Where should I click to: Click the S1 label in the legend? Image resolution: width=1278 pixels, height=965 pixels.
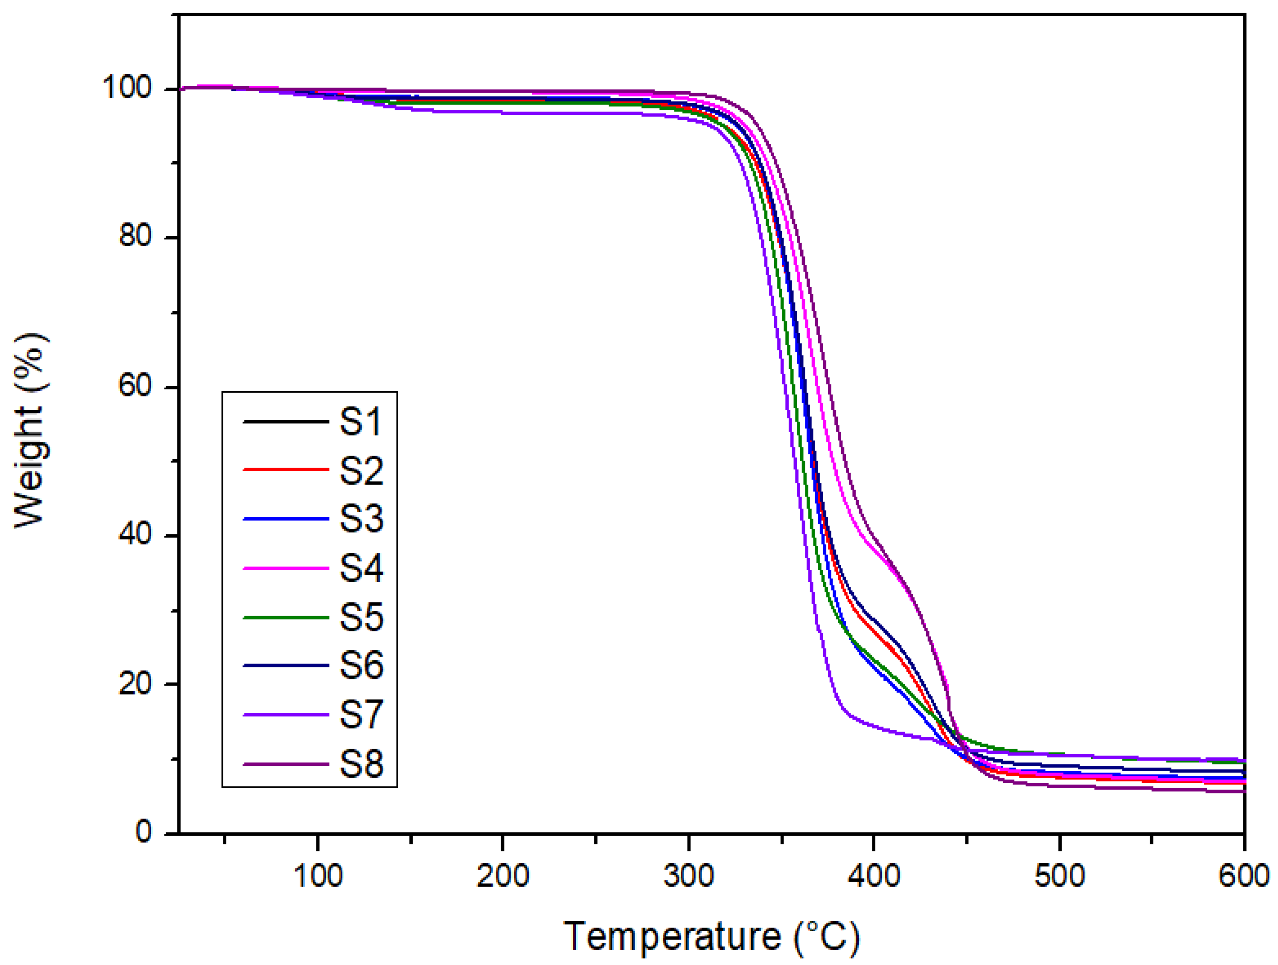click(x=360, y=422)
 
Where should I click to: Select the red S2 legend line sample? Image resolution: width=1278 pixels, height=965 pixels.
click(x=286, y=470)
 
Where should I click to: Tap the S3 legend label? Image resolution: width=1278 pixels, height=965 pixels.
click(x=361, y=518)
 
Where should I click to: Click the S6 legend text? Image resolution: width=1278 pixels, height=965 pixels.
click(x=361, y=665)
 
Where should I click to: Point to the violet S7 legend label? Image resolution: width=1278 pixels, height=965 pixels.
click(x=361, y=714)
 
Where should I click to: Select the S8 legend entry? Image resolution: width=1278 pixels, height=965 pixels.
click(x=361, y=763)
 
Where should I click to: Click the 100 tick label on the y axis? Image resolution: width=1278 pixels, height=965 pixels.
click(x=126, y=88)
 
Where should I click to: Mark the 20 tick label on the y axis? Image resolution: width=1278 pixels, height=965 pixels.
click(x=135, y=683)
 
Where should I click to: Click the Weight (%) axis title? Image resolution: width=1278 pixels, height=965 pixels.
click(x=30, y=430)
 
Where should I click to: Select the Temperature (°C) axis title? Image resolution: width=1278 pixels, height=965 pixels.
click(x=711, y=936)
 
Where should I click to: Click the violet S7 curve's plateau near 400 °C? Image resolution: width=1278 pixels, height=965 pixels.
click(x=873, y=728)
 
